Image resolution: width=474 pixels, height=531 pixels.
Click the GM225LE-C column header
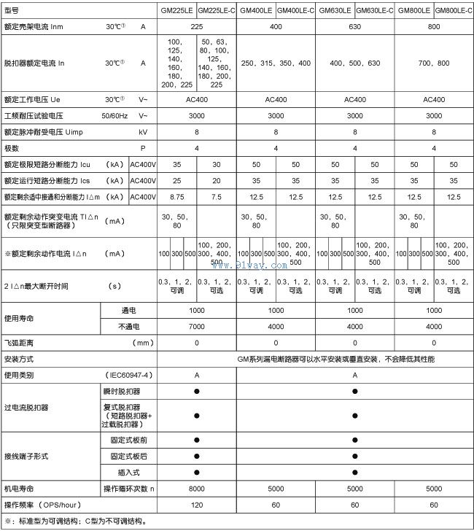coord(217,10)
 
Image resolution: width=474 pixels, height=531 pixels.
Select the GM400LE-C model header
coord(295,10)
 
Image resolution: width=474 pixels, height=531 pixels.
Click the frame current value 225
coord(196,26)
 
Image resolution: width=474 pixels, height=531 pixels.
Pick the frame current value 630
coord(354,26)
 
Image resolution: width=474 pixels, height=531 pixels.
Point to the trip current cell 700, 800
coord(434,64)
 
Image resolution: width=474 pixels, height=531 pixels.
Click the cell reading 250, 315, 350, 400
coord(276,64)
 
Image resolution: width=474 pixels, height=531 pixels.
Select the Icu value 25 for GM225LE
coord(176,165)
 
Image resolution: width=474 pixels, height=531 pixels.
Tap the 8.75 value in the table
coord(176,197)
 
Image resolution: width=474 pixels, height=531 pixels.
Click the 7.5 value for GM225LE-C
coord(217,197)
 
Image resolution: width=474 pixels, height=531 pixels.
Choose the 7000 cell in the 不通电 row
coord(196,327)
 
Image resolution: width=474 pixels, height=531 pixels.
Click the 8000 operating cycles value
coord(196,488)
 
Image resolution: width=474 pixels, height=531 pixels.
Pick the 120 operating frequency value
coord(196,505)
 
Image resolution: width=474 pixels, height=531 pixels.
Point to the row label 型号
coord(12,10)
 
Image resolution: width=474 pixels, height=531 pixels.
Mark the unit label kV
coord(143,133)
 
